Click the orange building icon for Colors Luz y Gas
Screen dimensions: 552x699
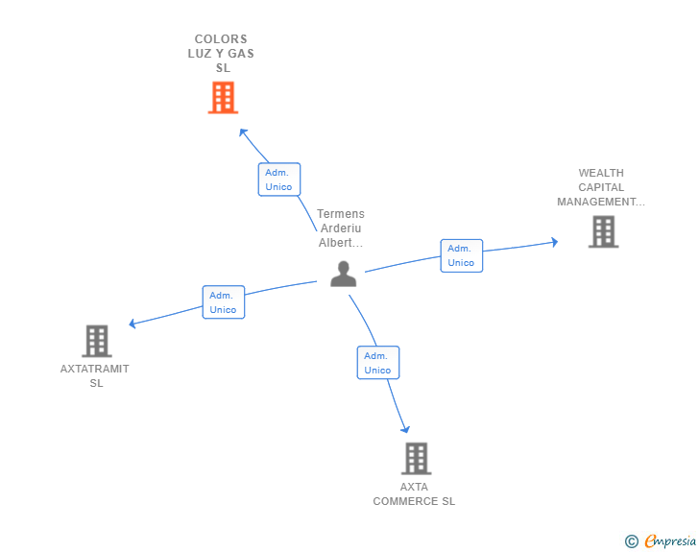click(x=223, y=97)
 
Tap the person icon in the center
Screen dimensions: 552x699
click(x=343, y=274)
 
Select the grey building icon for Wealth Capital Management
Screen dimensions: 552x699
click(x=603, y=231)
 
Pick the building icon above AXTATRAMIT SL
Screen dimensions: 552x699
click(x=96, y=341)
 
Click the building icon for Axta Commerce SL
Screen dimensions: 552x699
click(x=416, y=458)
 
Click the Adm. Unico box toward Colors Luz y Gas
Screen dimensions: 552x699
click(x=279, y=180)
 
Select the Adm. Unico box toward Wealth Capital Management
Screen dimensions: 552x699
click(x=461, y=255)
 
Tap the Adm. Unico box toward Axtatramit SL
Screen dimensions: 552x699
click(x=223, y=302)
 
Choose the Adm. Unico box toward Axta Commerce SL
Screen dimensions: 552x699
click(x=377, y=363)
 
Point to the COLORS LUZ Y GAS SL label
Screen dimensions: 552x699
click(x=221, y=54)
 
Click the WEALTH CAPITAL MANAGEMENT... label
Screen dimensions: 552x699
click(x=601, y=188)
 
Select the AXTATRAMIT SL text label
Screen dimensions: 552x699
click(x=95, y=375)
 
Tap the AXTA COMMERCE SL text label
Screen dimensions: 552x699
click(x=414, y=493)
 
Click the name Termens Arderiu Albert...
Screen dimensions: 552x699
click(x=341, y=228)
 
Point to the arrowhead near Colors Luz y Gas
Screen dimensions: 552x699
click(x=243, y=132)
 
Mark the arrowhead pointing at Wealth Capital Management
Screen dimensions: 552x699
click(x=553, y=242)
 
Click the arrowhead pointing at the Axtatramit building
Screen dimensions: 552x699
click(x=133, y=324)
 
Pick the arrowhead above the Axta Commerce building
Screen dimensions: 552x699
click(x=406, y=428)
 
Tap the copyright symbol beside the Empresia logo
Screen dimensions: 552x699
click(x=631, y=541)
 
